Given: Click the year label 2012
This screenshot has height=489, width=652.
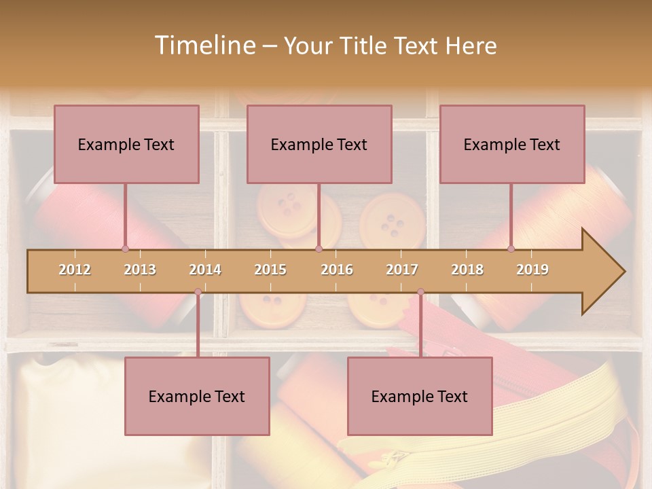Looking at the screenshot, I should (x=75, y=270).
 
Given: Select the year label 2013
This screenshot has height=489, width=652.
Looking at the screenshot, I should (x=140, y=270).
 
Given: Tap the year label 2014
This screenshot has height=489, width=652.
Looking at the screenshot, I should (x=205, y=270).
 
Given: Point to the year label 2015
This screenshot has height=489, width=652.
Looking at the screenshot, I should (x=270, y=270).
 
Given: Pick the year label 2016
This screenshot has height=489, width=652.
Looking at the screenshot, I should (x=337, y=270).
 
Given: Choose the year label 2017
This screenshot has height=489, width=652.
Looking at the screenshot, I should (x=402, y=270).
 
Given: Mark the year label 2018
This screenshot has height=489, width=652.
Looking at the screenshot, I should (x=467, y=270).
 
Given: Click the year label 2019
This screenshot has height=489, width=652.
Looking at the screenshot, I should (x=532, y=270).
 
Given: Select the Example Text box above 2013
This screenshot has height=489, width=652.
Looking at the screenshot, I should (x=126, y=144).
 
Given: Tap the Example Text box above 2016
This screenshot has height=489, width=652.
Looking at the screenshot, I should (x=319, y=144).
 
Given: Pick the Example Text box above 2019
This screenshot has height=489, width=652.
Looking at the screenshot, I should (x=512, y=144).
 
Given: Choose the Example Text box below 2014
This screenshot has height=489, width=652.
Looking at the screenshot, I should (x=197, y=397).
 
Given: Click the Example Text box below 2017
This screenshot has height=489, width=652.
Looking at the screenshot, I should (x=420, y=397).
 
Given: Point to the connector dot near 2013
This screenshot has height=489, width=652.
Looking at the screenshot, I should (x=125, y=249).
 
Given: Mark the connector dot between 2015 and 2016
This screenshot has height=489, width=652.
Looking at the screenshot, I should (x=319, y=249).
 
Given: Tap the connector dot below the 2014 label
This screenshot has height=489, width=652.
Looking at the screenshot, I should (x=198, y=292).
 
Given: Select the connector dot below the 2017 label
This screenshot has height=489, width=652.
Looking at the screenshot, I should (x=420, y=292).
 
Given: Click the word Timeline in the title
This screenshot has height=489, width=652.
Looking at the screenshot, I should (x=204, y=46).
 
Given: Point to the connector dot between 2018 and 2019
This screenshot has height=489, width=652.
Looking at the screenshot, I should (x=511, y=249).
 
